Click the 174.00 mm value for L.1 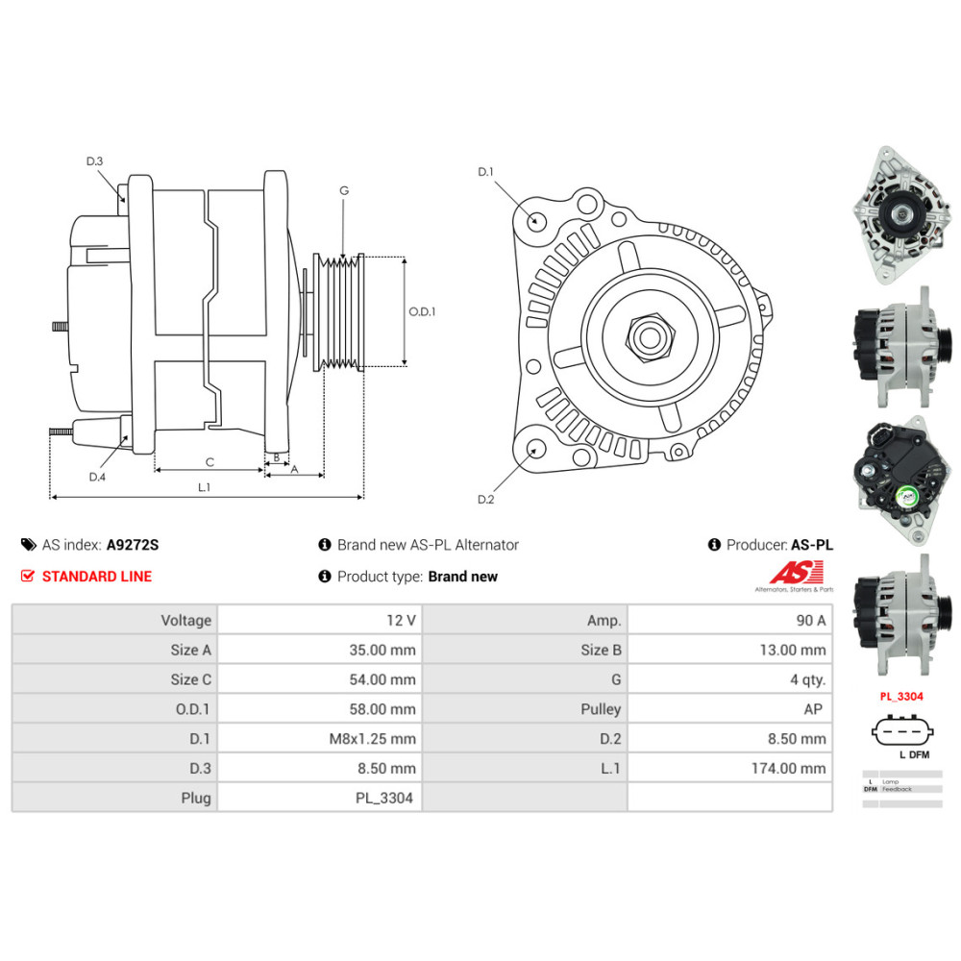pos(788,768)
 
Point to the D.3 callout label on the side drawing pos(94,161)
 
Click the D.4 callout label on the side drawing pos(96,477)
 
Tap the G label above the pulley pos(343,190)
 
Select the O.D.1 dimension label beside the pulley pos(422,311)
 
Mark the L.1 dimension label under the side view pos(204,487)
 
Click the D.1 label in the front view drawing pos(485,172)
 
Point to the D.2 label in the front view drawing pos(485,499)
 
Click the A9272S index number pos(133,545)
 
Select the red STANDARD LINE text pos(96,577)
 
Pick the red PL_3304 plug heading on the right pos(901,696)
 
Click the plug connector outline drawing pos(901,731)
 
